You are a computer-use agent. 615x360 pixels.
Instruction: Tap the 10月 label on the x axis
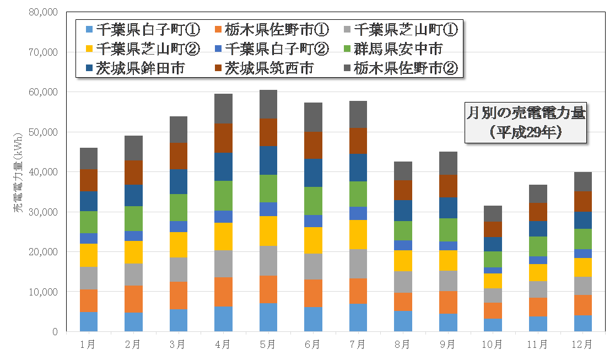(492, 345)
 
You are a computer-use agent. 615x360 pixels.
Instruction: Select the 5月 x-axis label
(268, 345)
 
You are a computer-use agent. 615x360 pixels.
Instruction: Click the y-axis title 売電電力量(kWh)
(18, 173)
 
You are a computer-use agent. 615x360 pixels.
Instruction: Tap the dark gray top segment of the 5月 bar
(268, 104)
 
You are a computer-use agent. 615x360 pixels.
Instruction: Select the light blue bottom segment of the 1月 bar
(88, 321)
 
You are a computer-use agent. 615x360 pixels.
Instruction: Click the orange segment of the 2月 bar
(133, 299)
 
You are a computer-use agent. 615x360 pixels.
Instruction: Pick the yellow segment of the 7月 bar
(358, 234)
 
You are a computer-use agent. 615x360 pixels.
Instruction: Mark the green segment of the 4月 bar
(223, 195)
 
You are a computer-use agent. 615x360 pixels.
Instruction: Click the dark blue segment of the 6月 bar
(313, 173)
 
